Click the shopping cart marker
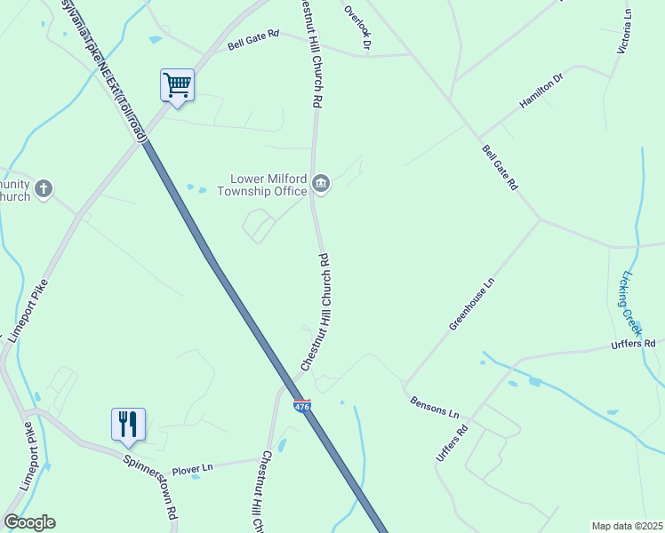coord(177,85)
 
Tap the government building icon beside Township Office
coord(321,184)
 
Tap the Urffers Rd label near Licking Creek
coord(633,343)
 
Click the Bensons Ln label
coord(435,408)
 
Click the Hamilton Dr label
coord(541,91)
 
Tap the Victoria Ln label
coord(628,30)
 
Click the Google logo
coord(29,522)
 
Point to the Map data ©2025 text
coord(626,526)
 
